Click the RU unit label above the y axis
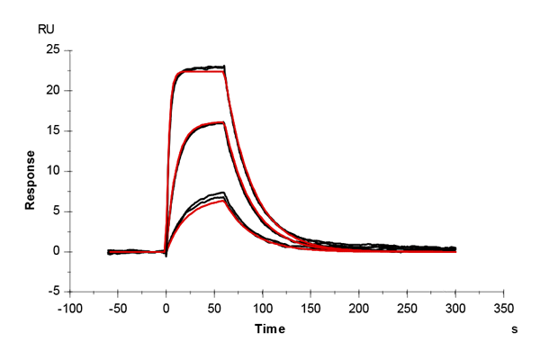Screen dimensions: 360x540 (46, 30)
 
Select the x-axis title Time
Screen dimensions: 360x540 (269, 330)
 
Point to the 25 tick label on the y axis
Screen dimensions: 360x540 (52, 49)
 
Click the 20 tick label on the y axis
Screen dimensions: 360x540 (52, 90)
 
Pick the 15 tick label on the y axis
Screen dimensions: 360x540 (52, 130)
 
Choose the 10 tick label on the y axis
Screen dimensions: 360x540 (52, 171)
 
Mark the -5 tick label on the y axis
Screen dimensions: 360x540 (53, 292)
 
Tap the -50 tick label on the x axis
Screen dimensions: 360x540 (118, 307)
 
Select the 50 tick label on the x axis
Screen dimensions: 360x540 (215, 307)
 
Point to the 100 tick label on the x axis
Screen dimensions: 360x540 (263, 307)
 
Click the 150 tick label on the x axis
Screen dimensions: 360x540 (311, 307)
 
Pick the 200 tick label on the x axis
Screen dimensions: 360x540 (359, 307)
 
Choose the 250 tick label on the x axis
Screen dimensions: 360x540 (408, 307)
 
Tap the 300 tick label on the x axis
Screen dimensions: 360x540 (455, 307)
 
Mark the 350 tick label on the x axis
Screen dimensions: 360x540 (504, 307)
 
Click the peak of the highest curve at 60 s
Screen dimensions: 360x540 (223, 66)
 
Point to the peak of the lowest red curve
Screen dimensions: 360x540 (223, 200)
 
